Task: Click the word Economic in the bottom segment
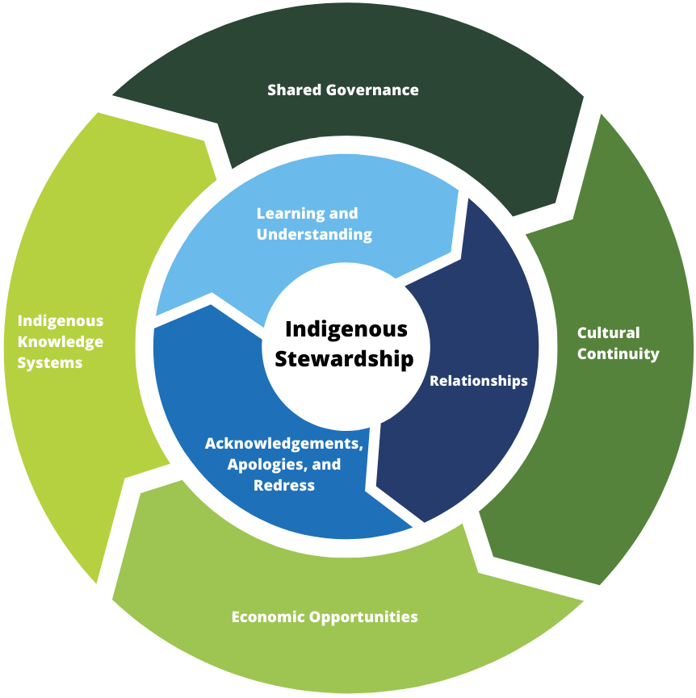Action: point(267,617)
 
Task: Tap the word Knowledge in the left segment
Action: point(61,342)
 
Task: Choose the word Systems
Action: point(50,363)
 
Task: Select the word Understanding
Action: point(314,235)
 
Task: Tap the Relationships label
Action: point(478,381)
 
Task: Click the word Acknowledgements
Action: point(283,444)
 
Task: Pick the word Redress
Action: point(283,486)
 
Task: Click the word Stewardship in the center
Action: point(344,359)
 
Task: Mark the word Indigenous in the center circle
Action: point(346,330)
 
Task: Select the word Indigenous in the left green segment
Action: point(61,321)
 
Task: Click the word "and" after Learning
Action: point(343,214)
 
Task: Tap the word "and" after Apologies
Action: point(326,465)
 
